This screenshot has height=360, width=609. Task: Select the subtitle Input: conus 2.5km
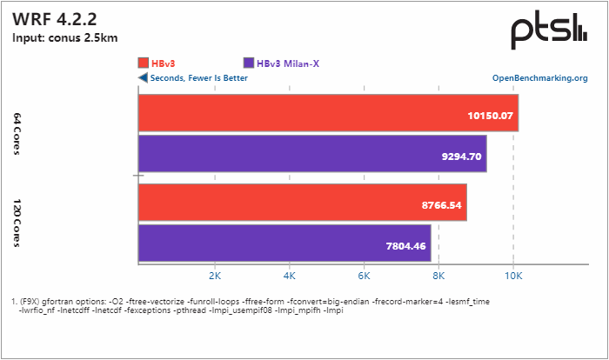pos(65,37)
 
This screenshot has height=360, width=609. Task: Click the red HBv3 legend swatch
pos(144,63)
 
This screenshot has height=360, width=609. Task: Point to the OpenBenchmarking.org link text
pos(539,77)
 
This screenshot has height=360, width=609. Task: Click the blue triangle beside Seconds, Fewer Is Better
pos(143,77)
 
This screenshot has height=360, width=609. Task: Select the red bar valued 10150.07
pos(328,114)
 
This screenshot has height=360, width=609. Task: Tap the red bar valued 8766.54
pos(302,203)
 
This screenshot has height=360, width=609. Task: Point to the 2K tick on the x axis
pos(214,276)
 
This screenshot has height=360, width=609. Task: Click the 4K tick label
pos(289,276)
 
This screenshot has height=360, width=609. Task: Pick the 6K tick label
pos(364,276)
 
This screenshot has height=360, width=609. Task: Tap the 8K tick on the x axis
pos(438,276)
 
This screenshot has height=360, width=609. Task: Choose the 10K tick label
pos(513,276)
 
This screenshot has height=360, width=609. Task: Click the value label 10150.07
pos(485,115)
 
